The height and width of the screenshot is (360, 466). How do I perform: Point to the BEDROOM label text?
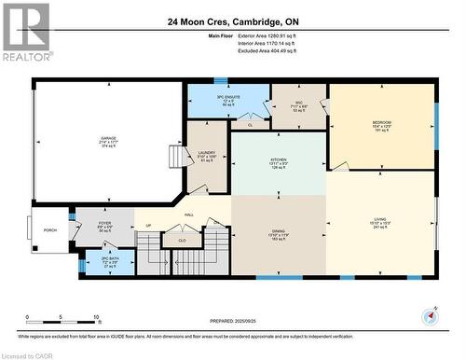click(x=382, y=123)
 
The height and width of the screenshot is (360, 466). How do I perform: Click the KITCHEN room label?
click(x=279, y=159)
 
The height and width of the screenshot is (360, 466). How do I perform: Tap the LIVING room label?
click(x=381, y=220)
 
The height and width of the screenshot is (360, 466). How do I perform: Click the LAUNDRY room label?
click(x=207, y=153)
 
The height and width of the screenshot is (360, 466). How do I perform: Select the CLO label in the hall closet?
click(x=182, y=240)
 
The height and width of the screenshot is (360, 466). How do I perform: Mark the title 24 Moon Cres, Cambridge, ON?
click(x=233, y=21)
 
